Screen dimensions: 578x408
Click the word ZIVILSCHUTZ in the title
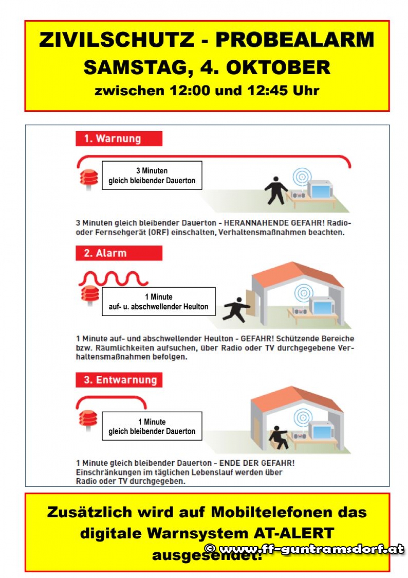click(117, 40)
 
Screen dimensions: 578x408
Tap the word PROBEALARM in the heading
click(295, 40)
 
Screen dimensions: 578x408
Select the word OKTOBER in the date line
click(278, 67)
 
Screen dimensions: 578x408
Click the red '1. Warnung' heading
click(119, 139)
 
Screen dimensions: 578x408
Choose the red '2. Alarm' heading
click(119, 253)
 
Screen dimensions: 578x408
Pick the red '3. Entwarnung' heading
click(119, 380)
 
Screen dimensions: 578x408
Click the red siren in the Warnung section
click(89, 179)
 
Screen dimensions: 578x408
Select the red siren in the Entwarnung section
click(88, 419)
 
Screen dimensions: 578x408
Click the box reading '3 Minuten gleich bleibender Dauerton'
click(152, 176)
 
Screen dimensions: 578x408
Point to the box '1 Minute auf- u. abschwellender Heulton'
click(158, 302)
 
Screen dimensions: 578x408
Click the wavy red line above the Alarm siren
click(113, 278)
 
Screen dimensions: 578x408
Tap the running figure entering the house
click(236, 310)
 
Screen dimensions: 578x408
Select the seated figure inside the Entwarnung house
click(279, 437)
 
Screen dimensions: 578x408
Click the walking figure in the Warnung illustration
click(275, 190)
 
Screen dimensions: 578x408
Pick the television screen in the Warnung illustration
click(321, 190)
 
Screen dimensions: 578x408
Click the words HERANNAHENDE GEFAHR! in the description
click(274, 223)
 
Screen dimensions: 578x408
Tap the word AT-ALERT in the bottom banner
click(294, 533)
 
